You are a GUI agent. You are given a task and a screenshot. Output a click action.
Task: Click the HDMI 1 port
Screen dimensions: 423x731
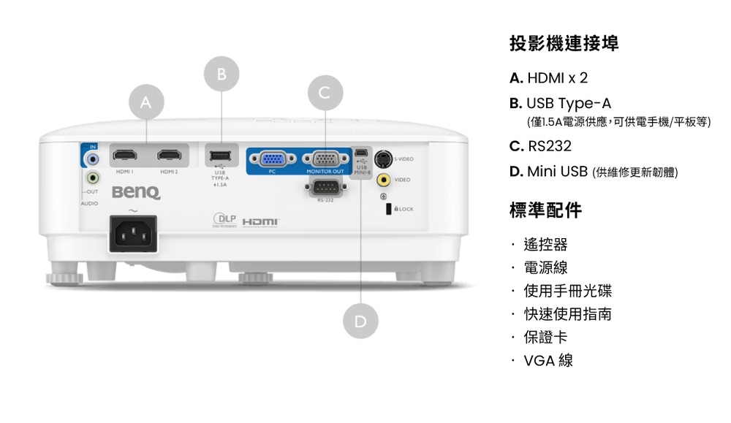tap(126, 156)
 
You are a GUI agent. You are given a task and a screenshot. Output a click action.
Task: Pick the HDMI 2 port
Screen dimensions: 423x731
tap(170, 156)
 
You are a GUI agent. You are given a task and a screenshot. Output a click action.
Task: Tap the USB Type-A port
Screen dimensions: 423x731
tap(220, 156)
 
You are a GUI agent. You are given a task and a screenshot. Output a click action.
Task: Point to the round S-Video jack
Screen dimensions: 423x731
tap(382, 159)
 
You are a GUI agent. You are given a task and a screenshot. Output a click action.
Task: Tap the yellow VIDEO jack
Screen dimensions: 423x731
tap(382, 180)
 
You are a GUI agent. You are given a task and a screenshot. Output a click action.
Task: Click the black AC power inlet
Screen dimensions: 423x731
tap(133, 235)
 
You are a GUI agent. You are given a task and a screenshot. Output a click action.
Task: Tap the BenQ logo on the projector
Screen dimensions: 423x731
tap(136, 192)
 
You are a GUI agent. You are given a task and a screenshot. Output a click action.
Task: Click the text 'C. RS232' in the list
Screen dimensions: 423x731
tap(540, 146)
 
